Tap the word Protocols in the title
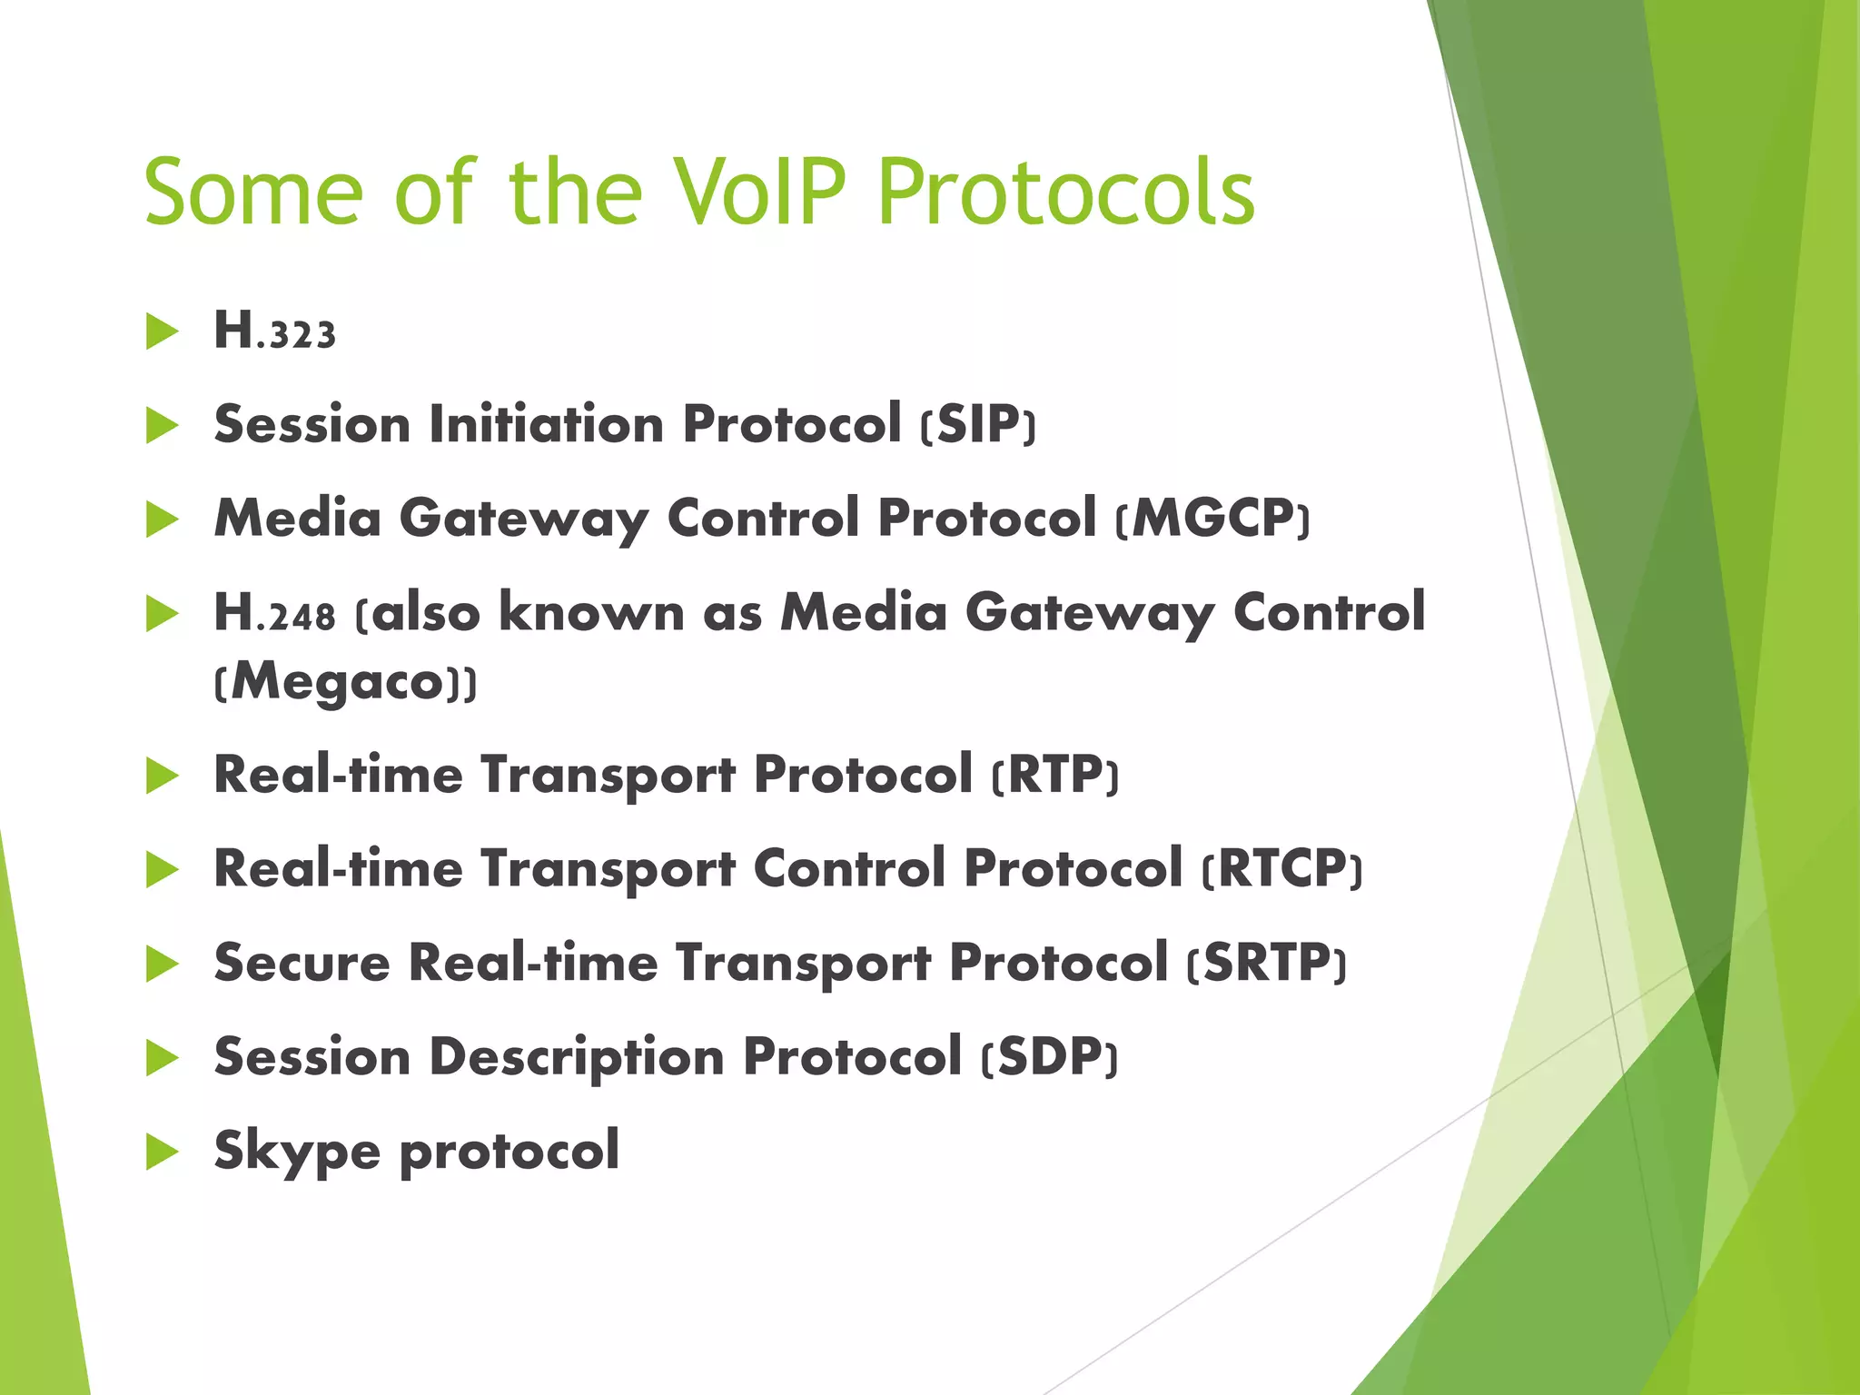tap(1066, 193)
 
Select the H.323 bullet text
tap(274, 331)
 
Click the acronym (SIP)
tap(977, 424)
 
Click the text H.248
tap(274, 613)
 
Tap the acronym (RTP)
tap(1054, 776)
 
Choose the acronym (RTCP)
tap(1281, 869)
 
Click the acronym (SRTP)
tap(1266, 963)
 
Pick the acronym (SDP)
tap(1049, 1057)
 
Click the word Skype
tap(297, 1152)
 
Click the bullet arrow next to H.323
tap(162, 331)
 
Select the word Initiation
tap(547, 424)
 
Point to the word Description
tap(577, 1057)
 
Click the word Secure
tap(302, 963)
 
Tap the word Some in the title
tap(253, 193)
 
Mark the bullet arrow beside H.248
tap(162, 614)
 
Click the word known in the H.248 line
tap(591, 613)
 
